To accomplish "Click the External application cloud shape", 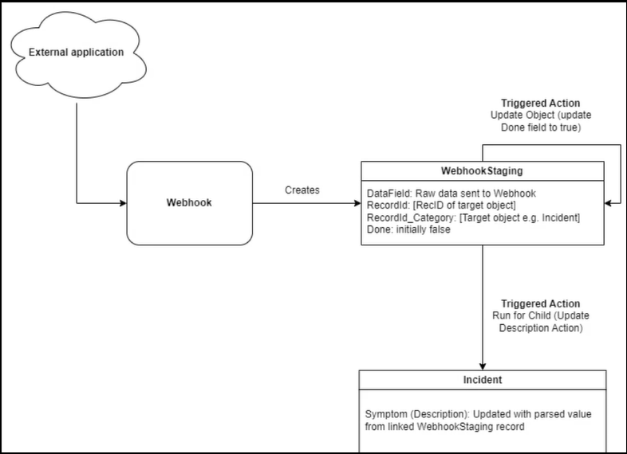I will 77,53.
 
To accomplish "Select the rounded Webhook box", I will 189,203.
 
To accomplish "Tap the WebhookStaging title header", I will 482,171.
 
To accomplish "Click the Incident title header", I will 482,380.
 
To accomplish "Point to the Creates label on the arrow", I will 302,190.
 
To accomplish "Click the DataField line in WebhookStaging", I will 452,194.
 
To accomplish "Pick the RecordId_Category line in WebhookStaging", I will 473,217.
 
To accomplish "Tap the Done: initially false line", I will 408,229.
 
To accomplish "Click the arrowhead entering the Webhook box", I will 122,203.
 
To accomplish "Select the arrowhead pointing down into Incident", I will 482,366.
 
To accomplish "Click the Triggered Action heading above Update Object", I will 540,104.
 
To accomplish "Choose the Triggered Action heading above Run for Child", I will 540,304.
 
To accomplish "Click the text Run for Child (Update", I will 540,315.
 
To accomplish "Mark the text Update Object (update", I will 540,115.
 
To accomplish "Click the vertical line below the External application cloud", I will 77,151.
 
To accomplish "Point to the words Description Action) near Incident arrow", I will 540,327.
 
